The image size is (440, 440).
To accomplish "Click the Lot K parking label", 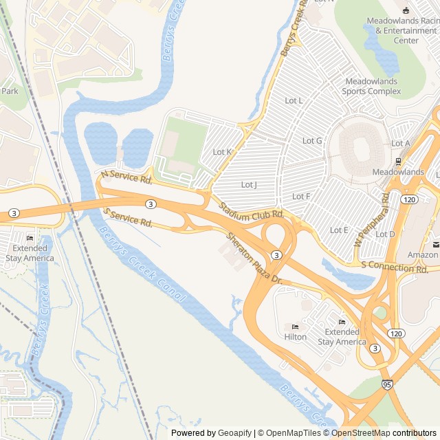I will [222, 152].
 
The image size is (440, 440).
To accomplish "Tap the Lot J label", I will [249, 185].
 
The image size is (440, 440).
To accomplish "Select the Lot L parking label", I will [294, 101].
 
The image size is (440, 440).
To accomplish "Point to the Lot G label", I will [312, 141].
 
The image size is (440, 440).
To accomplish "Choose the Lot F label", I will [301, 197].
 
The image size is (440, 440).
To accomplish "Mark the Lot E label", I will [339, 230].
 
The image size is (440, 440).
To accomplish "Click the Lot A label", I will [400, 144].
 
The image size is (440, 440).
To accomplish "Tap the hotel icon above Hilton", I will [295, 327].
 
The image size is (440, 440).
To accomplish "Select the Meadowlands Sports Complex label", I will [371, 86].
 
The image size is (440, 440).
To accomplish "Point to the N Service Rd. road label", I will [126, 177].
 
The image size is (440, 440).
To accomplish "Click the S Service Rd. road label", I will [128, 218].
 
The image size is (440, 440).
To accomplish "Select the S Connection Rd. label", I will [394, 267].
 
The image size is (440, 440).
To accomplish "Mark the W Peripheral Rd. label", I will [371, 220].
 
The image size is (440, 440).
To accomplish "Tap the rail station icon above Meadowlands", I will [398, 162].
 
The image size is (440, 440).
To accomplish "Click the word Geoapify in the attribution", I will [236, 433].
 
